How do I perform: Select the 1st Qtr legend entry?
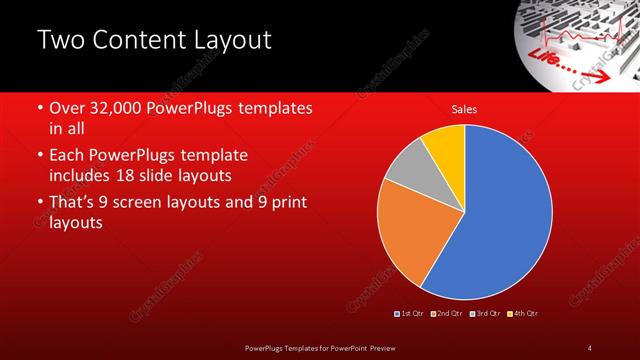point(410,314)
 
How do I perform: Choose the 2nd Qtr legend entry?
point(446,314)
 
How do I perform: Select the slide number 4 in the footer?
point(589,347)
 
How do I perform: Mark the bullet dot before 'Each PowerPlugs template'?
point(39,157)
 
